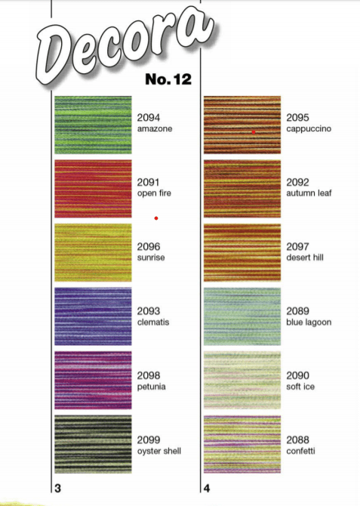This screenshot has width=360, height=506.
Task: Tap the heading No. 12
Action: coord(168,79)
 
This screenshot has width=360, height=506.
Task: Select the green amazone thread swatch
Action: coord(93,125)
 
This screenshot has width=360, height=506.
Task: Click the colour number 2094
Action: coord(149,118)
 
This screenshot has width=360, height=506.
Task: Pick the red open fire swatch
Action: coord(93,189)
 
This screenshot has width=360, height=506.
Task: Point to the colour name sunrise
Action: coord(151,258)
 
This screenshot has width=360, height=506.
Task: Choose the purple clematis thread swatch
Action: coord(93,316)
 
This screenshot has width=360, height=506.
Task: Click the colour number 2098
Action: coord(149,375)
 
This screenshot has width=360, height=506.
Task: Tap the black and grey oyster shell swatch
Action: coord(93,444)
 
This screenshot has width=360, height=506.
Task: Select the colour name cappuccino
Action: coord(309,129)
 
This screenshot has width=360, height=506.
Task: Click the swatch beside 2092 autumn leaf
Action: coord(242,189)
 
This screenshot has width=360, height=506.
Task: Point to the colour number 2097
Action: coord(297,246)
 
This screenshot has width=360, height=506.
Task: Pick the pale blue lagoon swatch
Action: coord(242,316)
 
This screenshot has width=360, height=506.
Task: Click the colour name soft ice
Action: coord(300,387)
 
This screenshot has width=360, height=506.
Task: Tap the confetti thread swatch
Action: coord(242,444)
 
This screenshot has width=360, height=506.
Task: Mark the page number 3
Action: coord(58,488)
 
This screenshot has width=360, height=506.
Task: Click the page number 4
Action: coord(207,488)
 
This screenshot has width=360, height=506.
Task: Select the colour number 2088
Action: coord(297,440)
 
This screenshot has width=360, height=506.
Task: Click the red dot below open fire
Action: coord(156,218)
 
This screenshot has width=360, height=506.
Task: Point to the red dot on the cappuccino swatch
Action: coord(254,132)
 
